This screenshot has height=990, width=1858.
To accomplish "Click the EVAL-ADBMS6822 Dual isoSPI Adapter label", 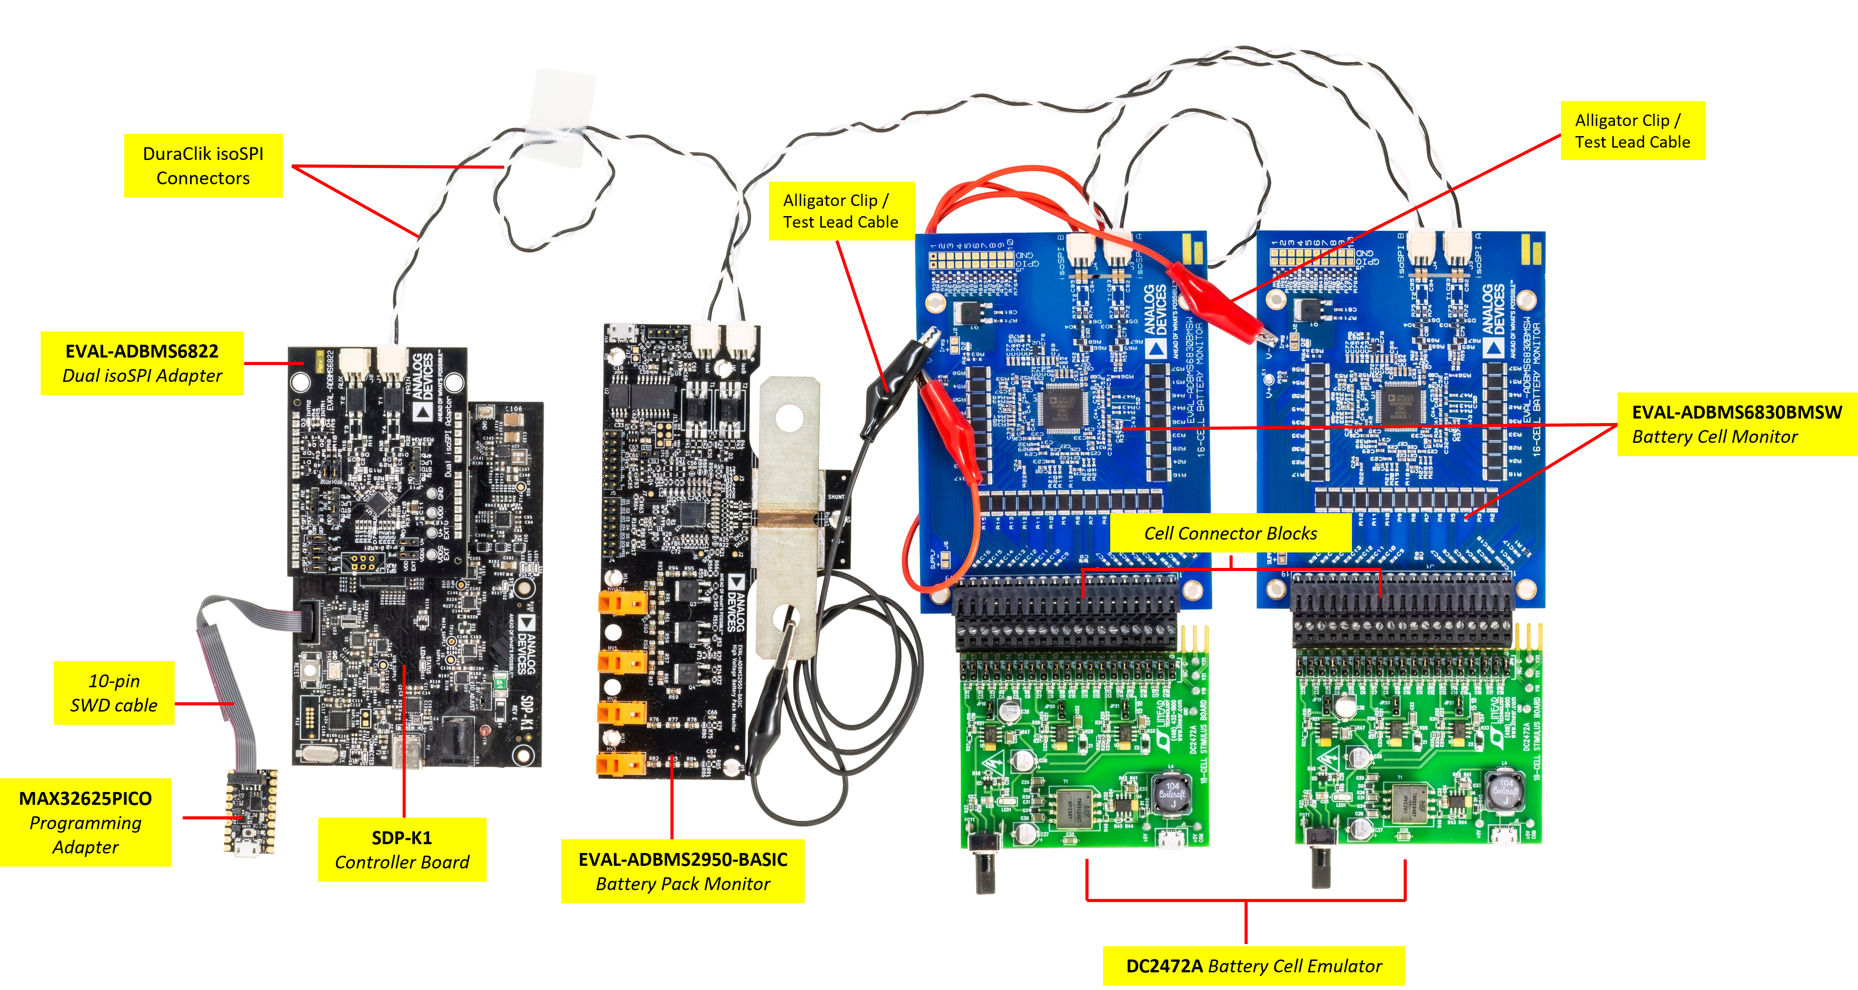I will point(142,363).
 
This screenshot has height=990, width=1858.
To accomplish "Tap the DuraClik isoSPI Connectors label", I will point(203,166).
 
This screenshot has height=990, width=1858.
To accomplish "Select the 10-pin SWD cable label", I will point(114,693).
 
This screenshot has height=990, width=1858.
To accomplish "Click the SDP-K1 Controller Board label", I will point(402,849).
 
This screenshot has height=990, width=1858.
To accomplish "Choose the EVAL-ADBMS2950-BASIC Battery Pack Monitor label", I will point(682,871).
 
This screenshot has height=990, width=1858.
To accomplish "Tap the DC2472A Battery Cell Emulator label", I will point(1253,966).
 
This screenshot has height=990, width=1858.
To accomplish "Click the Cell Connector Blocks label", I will point(1230,533).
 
